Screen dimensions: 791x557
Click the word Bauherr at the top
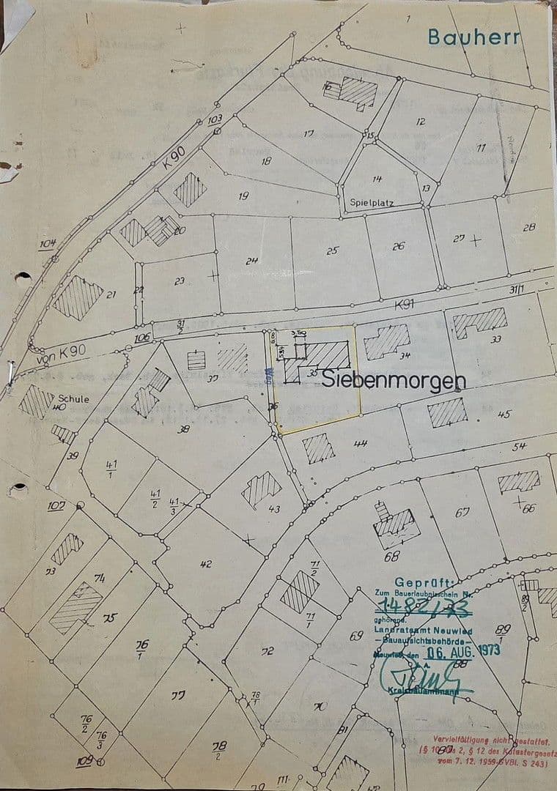pyautogui.click(x=473, y=37)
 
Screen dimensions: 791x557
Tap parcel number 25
pyautogui.click(x=333, y=250)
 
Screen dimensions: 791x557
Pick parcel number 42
pyautogui.click(x=205, y=563)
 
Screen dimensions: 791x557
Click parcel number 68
pyautogui.click(x=391, y=555)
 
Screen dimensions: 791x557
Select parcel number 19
pyautogui.click(x=243, y=196)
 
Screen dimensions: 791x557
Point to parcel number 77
pyautogui.click(x=178, y=695)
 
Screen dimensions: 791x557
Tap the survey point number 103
pyautogui.click(x=215, y=119)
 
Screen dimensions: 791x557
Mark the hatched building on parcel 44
pyautogui.click(x=319, y=448)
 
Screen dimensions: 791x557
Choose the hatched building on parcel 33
pyautogui.click(x=480, y=322)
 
